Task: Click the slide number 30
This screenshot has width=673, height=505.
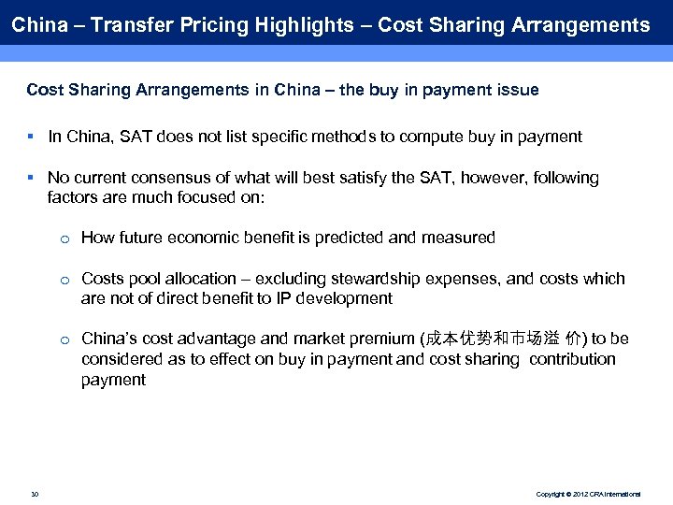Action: [x=35, y=493]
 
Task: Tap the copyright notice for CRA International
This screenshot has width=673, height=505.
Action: [x=588, y=493]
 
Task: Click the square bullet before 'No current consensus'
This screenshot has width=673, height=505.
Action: [x=31, y=177]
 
